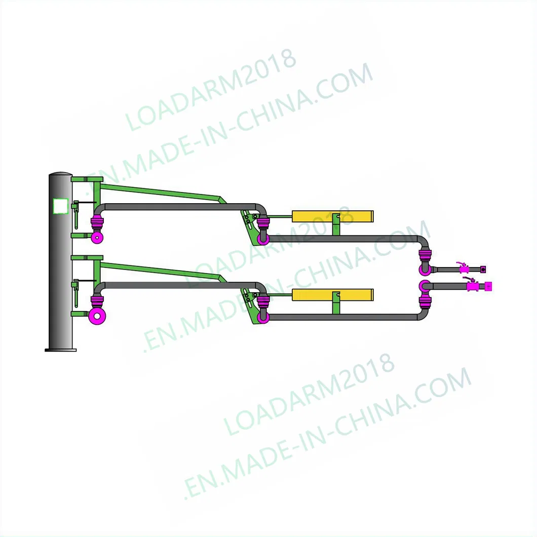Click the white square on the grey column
pos(60,205)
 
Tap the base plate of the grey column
pos(60,349)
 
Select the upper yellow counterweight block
pos(333,216)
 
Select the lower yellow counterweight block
pos(333,295)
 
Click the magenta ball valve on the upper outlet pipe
pos(462,269)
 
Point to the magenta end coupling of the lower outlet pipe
pos(488,286)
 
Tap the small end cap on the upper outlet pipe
pos(483,269)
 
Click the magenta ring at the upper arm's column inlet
pos(96,238)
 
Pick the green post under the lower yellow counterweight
pos(335,307)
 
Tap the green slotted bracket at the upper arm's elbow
pos(249,223)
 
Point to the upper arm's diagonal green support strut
pos(162,193)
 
